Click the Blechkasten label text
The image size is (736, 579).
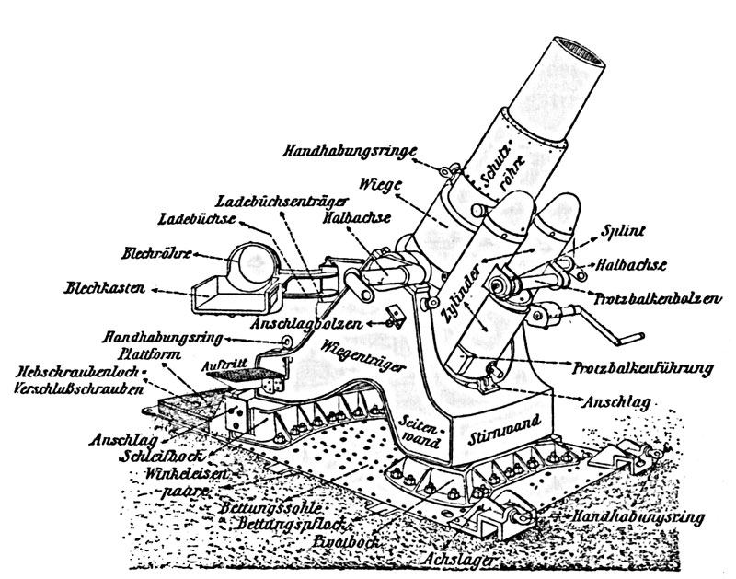click(104, 288)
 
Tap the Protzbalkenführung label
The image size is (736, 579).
click(645, 370)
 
